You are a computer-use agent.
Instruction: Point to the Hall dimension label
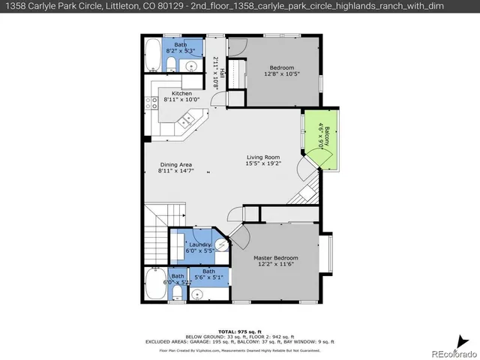point(218,72)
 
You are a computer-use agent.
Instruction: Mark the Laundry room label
point(199,244)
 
